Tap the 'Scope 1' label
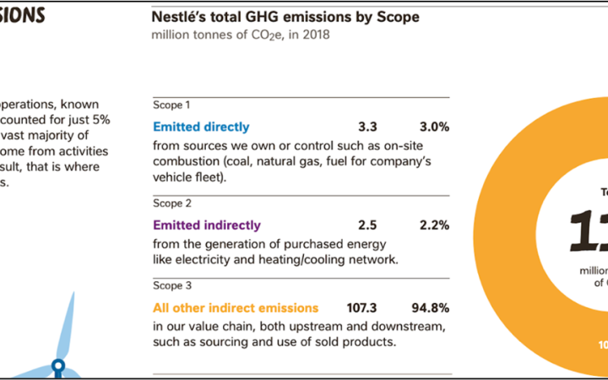[x=171, y=106]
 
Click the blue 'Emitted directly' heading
[x=201, y=128]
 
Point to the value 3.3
[x=367, y=128]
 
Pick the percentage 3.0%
[x=434, y=128]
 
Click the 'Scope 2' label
[x=172, y=204]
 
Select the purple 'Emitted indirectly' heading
[x=207, y=225]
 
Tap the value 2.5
[x=367, y=225]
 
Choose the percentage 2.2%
[x=434, y=225]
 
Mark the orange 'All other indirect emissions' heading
[x=236, y=308]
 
